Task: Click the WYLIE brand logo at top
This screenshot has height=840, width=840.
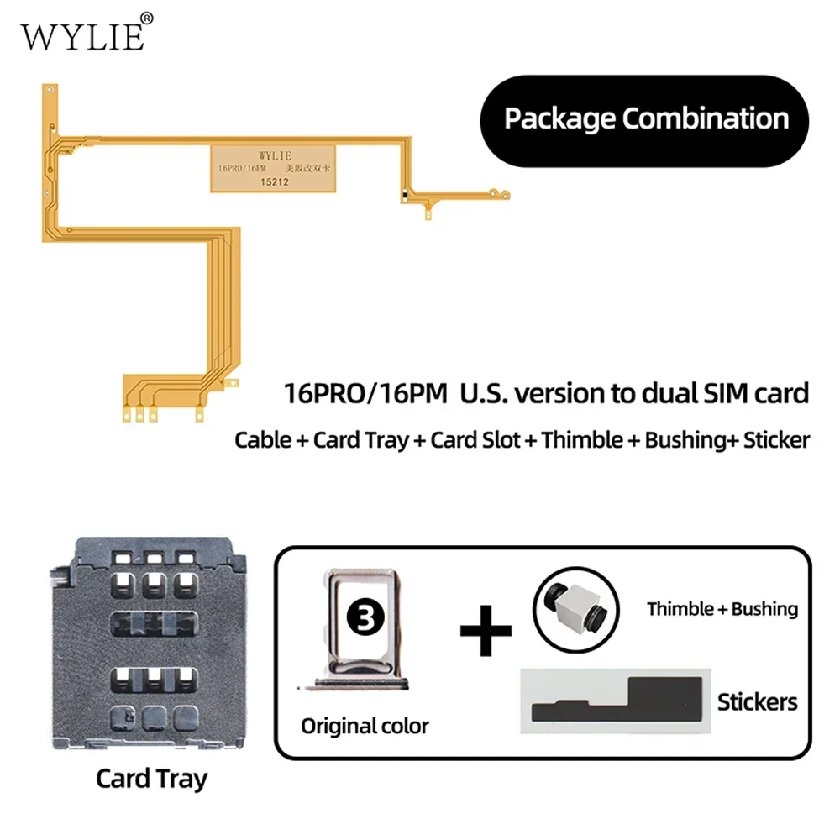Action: coord(82,36)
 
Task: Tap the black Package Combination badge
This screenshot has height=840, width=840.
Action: coord(646,118)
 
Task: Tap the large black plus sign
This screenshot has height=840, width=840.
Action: coord(486,628)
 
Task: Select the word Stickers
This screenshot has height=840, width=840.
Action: coord(757,701)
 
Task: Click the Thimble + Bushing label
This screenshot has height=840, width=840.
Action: coord(722,609)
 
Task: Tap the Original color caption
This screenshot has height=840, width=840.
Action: coord(365,726)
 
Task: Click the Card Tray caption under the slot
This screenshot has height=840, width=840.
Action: coord(151,778)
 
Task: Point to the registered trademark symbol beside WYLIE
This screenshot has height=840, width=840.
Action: coord(146,17)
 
